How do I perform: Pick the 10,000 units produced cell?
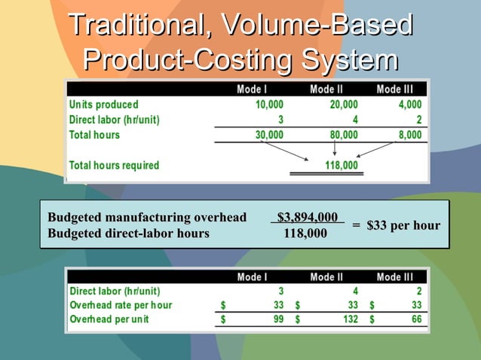tap(269, 105)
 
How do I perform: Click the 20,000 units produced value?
tap(344, 105)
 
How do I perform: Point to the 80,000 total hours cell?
tap(344, 135)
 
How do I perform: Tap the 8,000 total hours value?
tap(410, 135)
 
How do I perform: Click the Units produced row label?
tap(104, 105)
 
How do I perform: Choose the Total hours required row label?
tap(114, 165)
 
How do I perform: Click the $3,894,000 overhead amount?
tap(307, 218)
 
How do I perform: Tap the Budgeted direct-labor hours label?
tap(128, 233)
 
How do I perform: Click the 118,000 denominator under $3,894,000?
tap(305, 233)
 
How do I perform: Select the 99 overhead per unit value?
tap(277, 319)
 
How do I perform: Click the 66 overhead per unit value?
tap(415, 319)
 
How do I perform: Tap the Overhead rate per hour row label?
tap(121, 305)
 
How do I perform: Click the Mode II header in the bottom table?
tap(326, 277)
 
